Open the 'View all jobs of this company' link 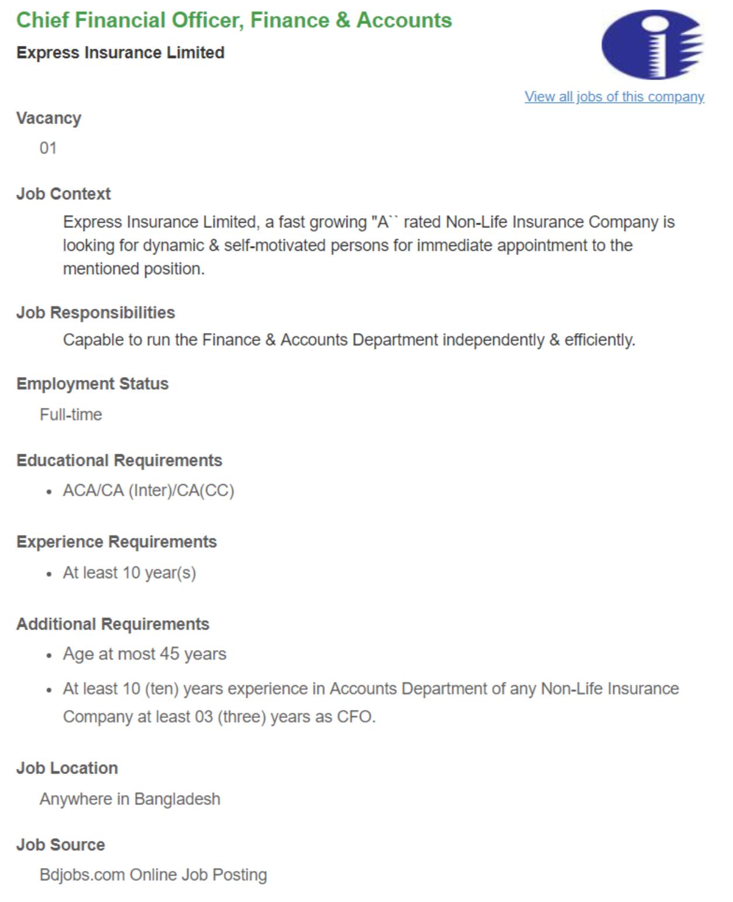(x=614, y=97)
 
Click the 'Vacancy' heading (x=49, y=118)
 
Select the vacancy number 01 (x=48, y=148)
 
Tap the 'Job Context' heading (x=63, y=194)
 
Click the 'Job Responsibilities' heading (x=95, y=313)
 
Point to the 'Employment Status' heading (x=92, y=384)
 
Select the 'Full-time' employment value (x=71, y=415)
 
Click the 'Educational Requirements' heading (x=119, y=461)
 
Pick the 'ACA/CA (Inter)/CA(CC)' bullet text (x=149, y=491)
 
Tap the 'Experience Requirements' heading (x=116, y=542)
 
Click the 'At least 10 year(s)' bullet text (x=129, y=573)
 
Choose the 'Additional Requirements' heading (x=113, y=624)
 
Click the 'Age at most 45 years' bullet (x=144, y=654)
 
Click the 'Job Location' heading (x=67, y=768)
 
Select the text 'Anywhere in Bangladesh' (x=130, y=799)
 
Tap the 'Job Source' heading (x=61, y=845)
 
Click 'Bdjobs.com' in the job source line (x=82, y=875)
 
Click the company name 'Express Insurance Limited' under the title (x=121, y=53)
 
